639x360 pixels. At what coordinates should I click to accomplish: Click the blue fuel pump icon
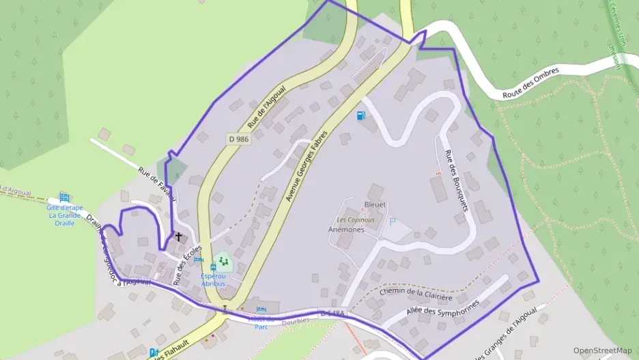pos(360,115)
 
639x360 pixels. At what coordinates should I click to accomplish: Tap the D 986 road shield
pos(238,139)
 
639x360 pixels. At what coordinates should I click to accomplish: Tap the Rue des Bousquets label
pos(455,180)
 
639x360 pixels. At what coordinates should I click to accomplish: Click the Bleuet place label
pos(375,204)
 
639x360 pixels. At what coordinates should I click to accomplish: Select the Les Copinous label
pos(356,220)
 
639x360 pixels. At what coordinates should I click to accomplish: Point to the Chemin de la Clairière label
pos(416,293)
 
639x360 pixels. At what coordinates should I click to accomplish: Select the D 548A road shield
pos(332,313)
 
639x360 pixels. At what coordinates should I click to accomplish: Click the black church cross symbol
pos(179,236)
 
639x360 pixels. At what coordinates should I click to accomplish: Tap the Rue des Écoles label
pos(188,264)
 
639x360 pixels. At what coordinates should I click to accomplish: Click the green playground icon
pos(223,261)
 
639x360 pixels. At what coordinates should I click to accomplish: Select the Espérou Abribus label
pos(216,280)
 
